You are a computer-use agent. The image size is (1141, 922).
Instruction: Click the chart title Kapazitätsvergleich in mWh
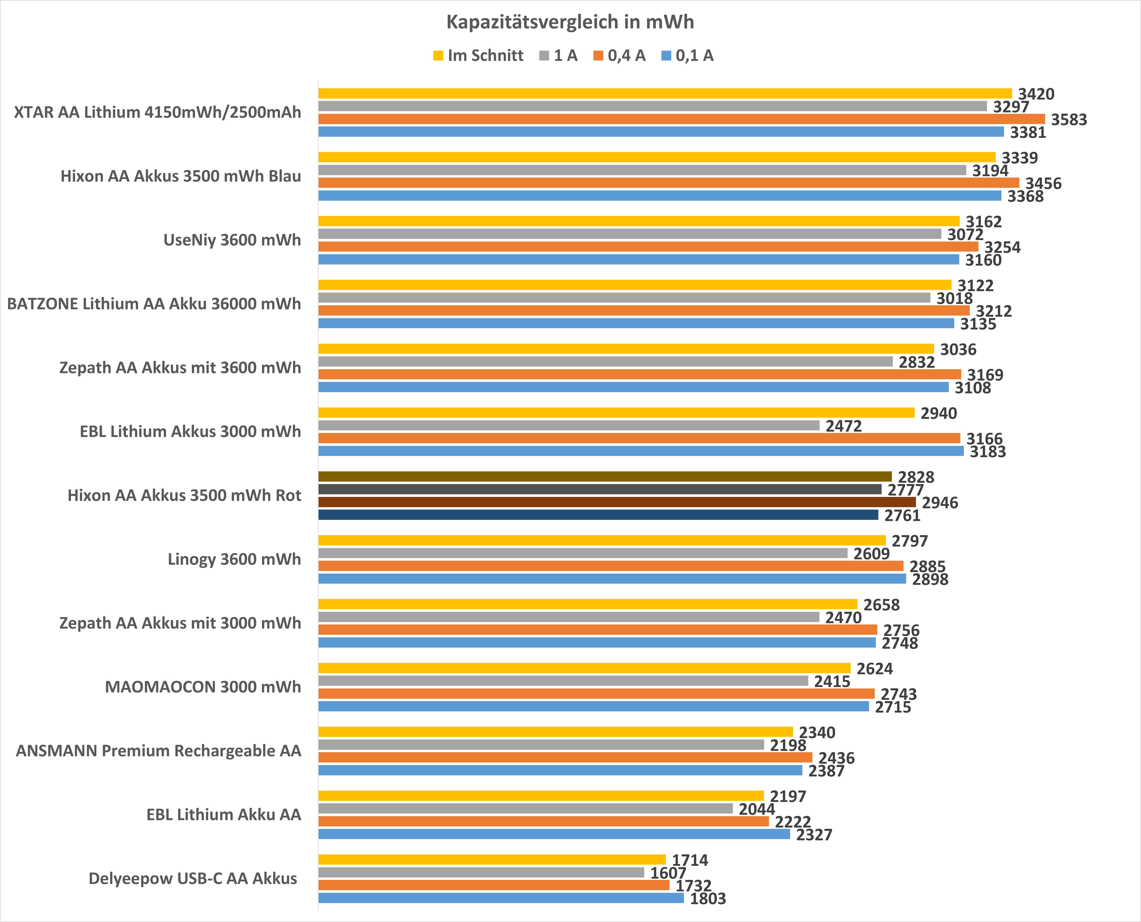click(570, 22)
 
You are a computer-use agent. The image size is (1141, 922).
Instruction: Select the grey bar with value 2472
click(569, 426)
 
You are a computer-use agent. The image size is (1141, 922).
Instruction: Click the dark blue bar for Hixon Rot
click(598, 515)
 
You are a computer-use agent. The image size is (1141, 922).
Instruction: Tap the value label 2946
click(940, 502)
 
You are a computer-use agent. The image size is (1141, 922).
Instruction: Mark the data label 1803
click(707, 899)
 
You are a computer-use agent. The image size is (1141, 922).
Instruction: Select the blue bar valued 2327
click(554, 834)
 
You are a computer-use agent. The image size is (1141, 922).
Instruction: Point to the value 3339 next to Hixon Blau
click(1019, 158)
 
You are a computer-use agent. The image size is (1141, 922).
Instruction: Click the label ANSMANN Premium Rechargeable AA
click(158, 750)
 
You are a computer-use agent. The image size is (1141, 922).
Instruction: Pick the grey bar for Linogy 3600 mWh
click(583, 553)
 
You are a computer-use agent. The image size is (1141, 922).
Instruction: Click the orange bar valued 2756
click(597, 629)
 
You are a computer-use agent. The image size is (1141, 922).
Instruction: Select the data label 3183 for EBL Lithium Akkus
click(987, 452)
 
